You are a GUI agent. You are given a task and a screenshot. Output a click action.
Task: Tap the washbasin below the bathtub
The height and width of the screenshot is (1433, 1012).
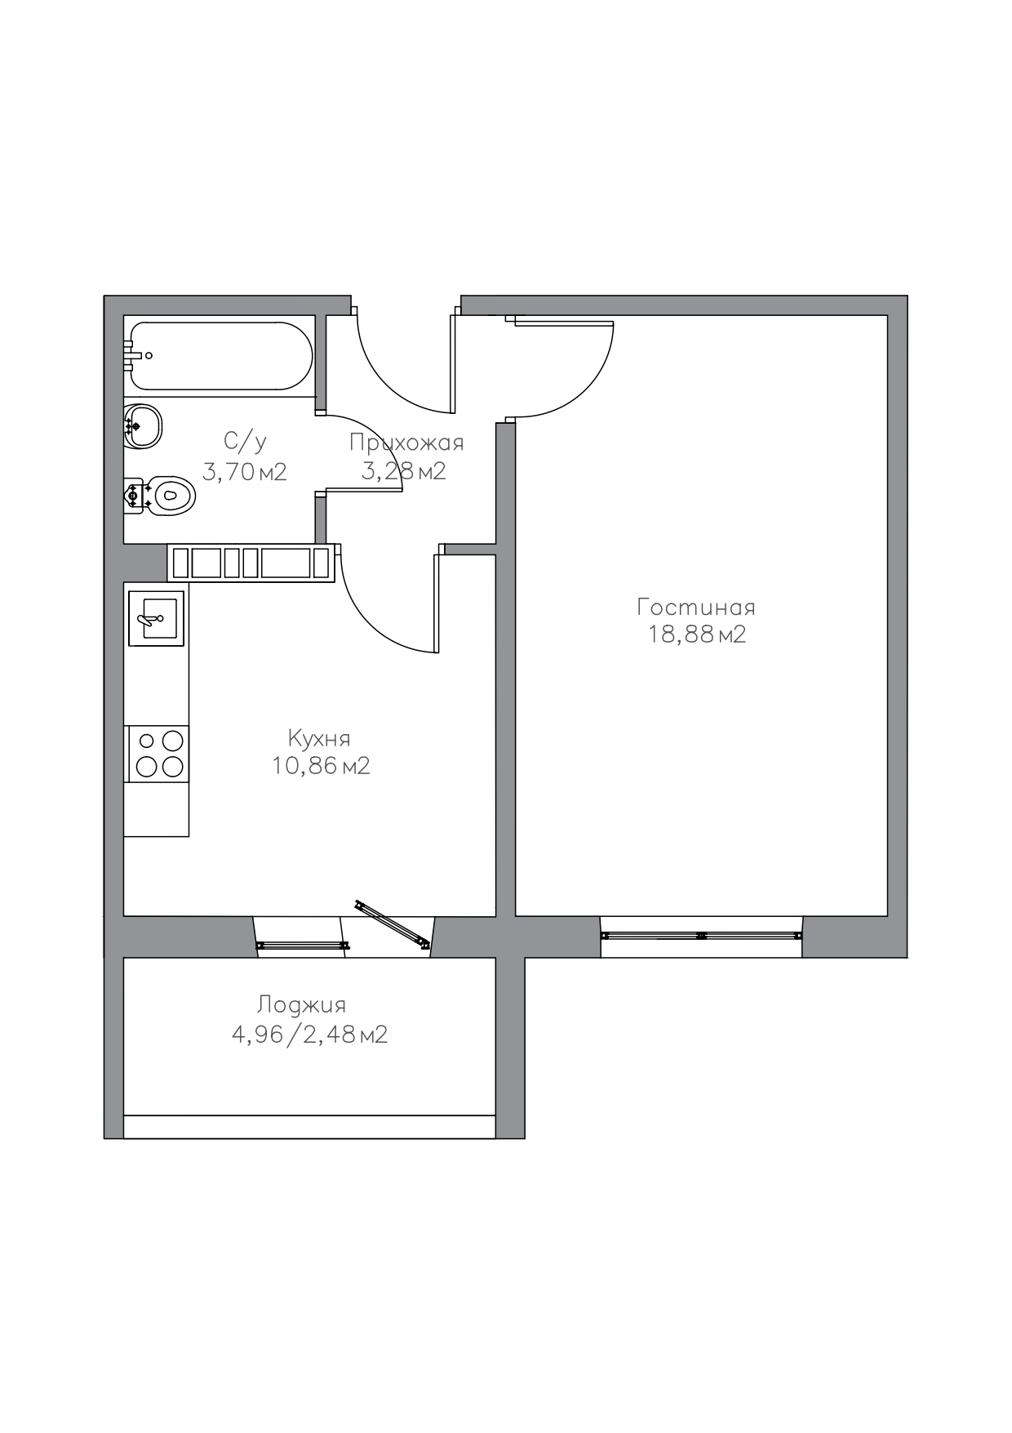coord(144,425)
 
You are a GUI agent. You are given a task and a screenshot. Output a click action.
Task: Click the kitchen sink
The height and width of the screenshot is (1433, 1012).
coord(157,618)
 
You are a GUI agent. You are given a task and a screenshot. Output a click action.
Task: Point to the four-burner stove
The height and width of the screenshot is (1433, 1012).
coord(157,754)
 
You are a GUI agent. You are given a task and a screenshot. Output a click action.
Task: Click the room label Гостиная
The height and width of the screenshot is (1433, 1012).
coord(696,607)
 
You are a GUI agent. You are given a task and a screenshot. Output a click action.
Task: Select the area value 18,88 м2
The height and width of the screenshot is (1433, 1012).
coord(697,634)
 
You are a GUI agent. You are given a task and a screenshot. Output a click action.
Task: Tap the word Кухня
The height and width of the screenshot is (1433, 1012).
coord(319,738)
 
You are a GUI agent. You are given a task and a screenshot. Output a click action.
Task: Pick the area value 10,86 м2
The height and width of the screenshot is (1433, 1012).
coord(321,766)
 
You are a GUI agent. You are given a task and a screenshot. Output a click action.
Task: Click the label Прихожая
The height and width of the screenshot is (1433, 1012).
coord(406,443)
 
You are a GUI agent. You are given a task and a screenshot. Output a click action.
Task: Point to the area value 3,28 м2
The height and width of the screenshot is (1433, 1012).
coord(403,471)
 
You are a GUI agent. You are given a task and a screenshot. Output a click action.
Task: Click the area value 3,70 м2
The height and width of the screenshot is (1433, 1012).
coord(244,472)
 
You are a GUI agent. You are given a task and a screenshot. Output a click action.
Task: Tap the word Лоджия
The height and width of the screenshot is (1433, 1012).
coord(301,1005)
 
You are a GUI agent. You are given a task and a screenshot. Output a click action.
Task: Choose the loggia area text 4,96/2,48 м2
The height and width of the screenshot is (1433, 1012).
coord(309,1035)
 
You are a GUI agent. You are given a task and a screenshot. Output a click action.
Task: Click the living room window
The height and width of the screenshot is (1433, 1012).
coord(701,936)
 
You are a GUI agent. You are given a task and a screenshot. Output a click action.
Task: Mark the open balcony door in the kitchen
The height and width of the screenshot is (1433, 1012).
coord(393,924)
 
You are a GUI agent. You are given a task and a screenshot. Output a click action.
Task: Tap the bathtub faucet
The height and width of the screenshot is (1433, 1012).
coord(136,356)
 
